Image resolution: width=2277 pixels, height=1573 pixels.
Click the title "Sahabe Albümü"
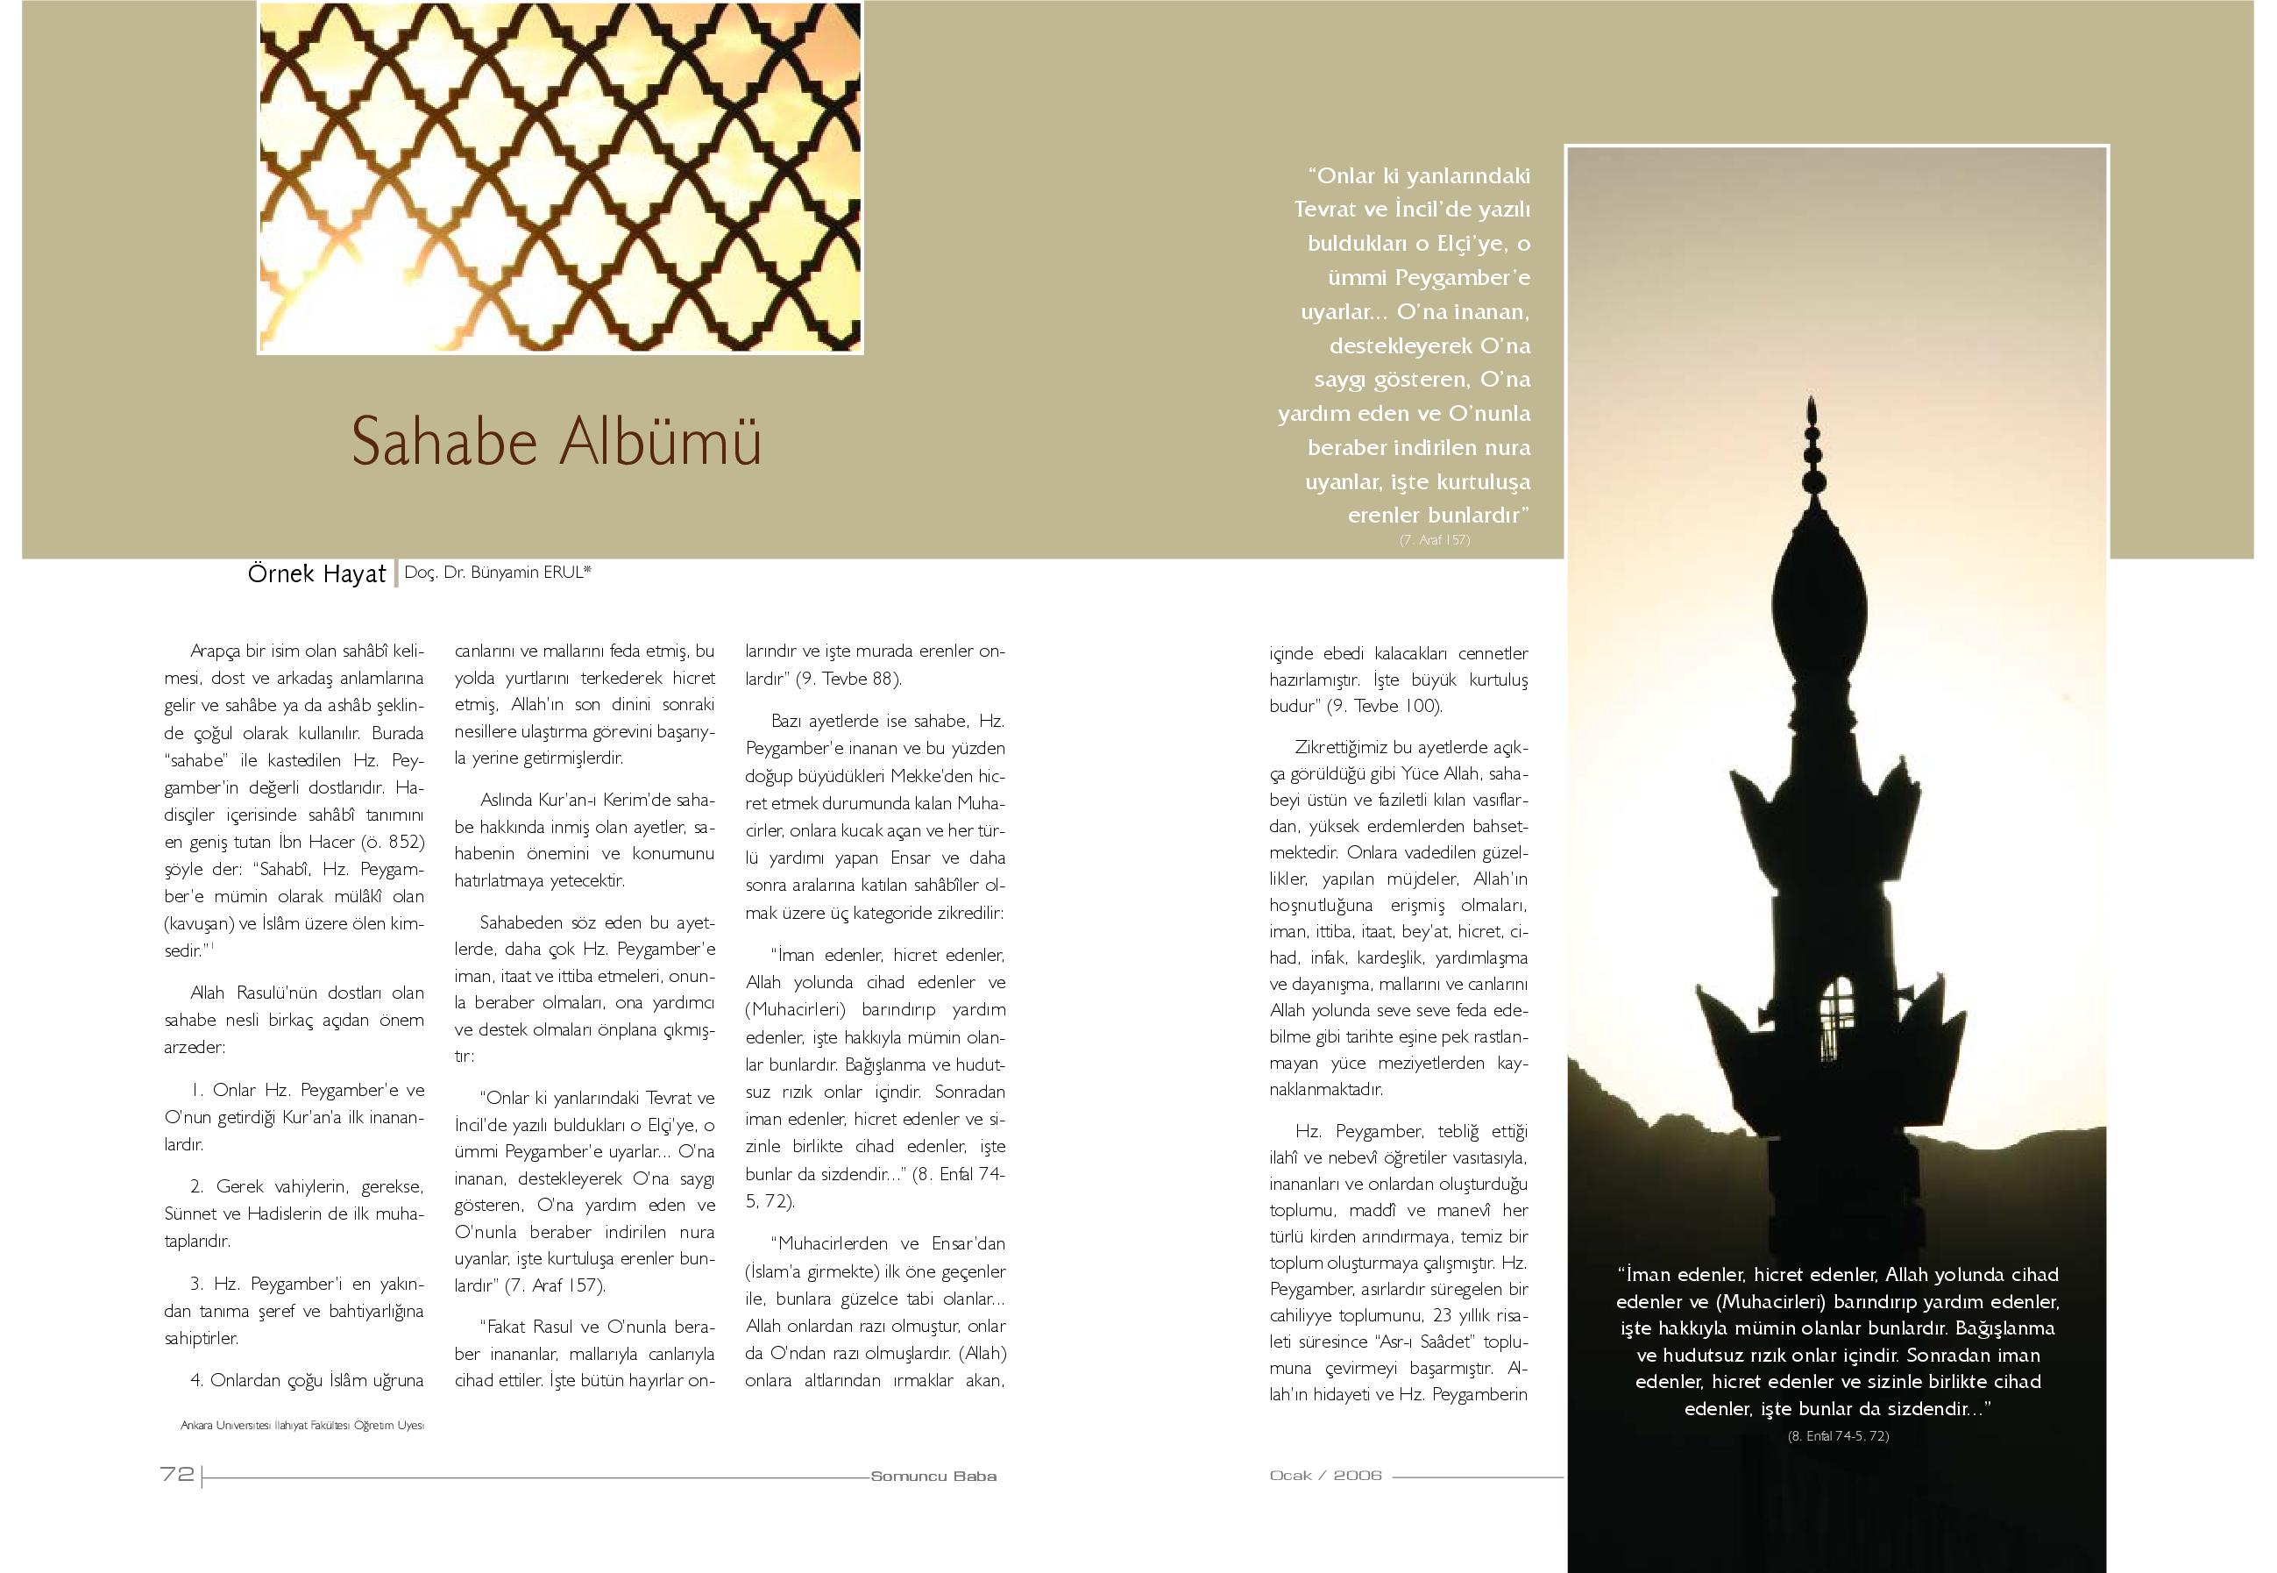tap(557, 443)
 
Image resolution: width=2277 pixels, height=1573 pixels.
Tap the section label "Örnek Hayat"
tap(316, 574)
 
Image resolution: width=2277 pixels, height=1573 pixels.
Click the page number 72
tap(177, 1475)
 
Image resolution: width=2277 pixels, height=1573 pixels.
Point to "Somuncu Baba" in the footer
tap(933, 1477)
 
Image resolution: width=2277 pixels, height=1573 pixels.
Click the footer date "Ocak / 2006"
tap(1325, 1476)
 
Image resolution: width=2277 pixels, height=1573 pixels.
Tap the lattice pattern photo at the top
tap(560, 177)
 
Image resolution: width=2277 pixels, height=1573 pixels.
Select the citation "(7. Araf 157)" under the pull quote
tap(1435, 540)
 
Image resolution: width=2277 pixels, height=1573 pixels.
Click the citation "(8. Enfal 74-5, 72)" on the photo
tap(1839, 1436)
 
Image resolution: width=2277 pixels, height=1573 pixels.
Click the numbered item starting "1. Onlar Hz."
tap(294, 1117)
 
